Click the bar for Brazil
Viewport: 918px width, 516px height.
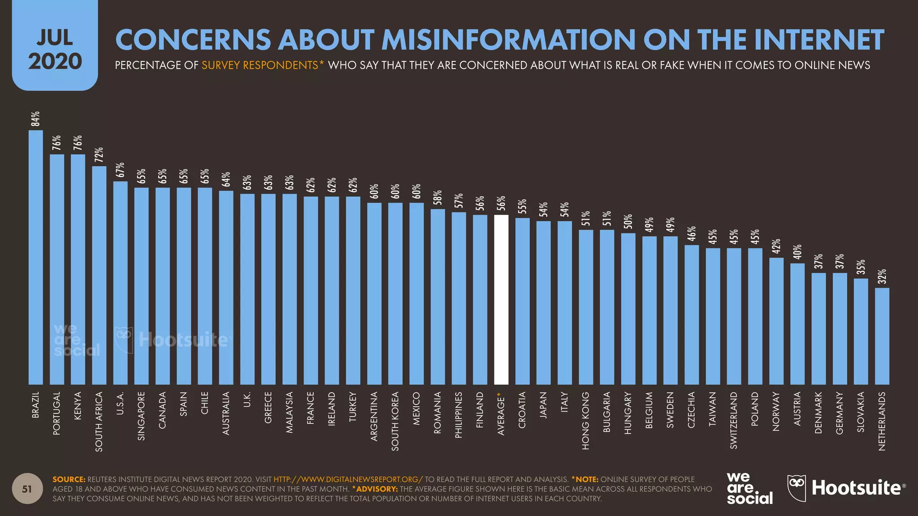point(36,258)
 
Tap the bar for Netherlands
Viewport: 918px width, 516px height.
point(882,336)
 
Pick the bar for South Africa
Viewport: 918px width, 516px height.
point(99,275)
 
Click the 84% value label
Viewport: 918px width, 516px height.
point(35,119)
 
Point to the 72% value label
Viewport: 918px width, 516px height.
point(99,155)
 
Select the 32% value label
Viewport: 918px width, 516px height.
point(882,276)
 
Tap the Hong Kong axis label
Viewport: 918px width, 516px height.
point(586,421)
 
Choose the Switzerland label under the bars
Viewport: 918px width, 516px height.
point(734,420)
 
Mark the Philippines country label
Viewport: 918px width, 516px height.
point(459,415)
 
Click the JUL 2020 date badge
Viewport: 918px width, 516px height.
point(55,49)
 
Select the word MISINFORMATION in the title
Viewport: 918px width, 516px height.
point(508,39)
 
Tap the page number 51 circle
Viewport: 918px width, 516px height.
point(27,489)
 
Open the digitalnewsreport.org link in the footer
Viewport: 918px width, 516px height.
point(348,479)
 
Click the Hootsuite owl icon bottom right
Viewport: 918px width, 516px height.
point(797,488)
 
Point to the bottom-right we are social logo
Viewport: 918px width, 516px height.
point(749,489)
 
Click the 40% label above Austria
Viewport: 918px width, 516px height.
point(797,252)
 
